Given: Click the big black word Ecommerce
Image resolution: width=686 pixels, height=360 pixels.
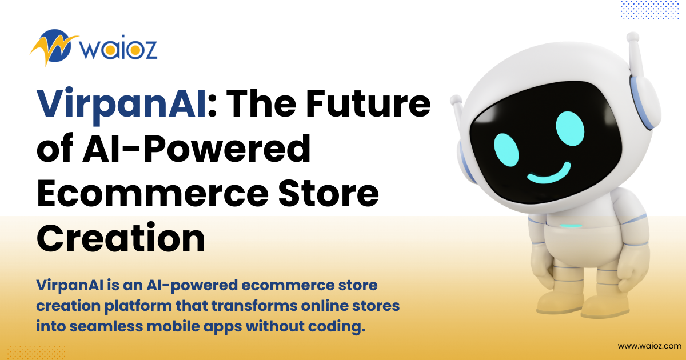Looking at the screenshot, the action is tap(153, 194).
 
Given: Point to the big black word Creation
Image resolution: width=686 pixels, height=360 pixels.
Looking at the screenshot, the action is tap(121, 238).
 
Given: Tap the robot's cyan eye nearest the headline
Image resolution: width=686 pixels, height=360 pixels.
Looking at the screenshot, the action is tap(506, 150).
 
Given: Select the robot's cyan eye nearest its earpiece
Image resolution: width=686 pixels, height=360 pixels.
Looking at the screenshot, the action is tap(570, 129).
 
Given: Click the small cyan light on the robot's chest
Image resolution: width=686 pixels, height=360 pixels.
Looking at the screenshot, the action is tap(571, 226).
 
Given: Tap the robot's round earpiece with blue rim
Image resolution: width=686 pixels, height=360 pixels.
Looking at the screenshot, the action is tap(645, 102).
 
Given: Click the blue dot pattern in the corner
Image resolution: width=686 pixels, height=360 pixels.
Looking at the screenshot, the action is tap(650, 10).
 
